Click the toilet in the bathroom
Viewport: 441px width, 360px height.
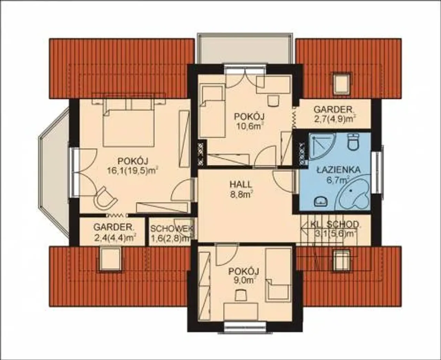(x=353, y=142)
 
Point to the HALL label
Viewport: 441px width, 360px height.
(x=241, y=184)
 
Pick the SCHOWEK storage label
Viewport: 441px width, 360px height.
(x=172, y=229)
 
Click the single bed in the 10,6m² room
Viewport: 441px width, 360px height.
(x=212, y=112)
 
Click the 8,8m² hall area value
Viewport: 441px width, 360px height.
(x=240, y=194)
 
